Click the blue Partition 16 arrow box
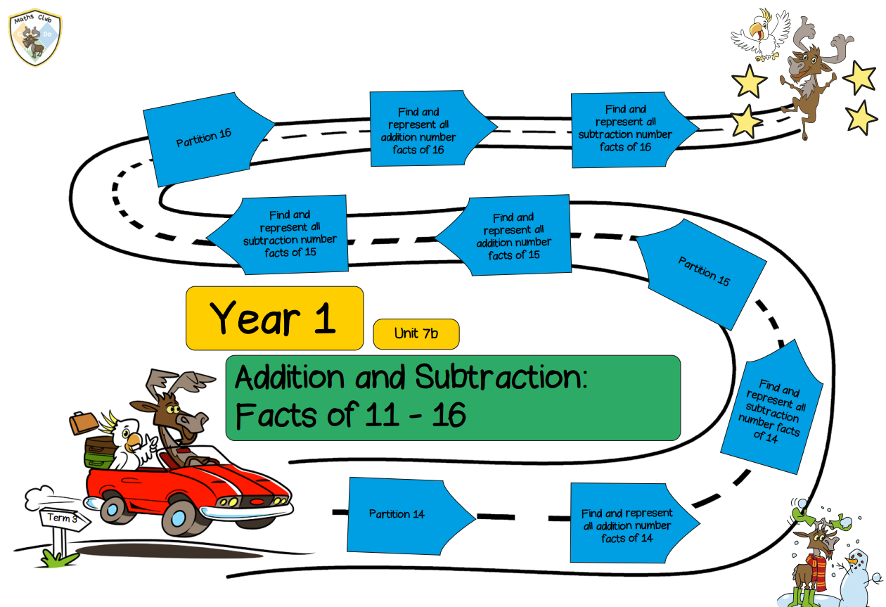205,139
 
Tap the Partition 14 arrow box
407,515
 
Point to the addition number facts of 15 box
506,235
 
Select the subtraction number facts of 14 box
771,407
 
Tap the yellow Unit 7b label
416,334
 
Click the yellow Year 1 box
274,318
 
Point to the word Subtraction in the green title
501,377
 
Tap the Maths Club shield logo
35,37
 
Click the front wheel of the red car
179,518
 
